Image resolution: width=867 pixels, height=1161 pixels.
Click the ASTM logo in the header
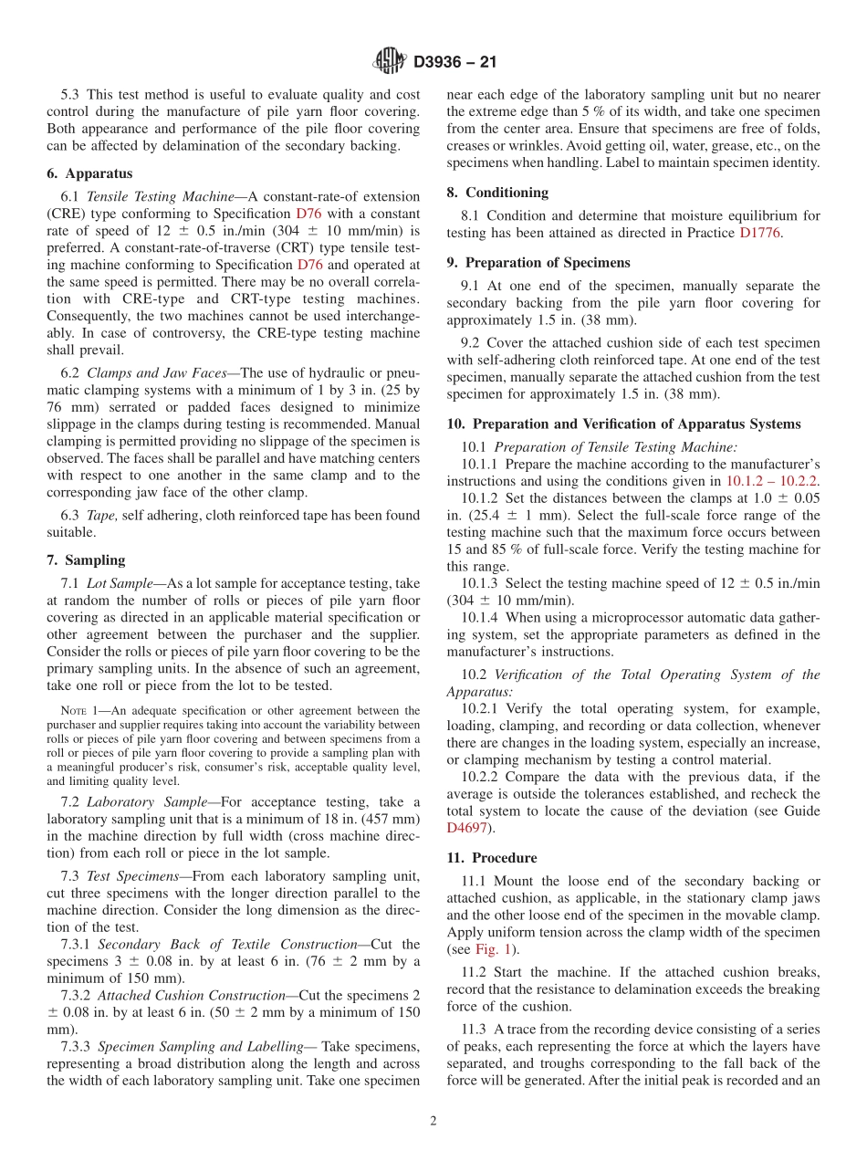pyautogui.click(x=391, y=62)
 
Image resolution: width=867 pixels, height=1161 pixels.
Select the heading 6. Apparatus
pyautogui.click(x=89, y=173)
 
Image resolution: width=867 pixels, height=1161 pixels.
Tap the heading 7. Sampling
pyautogui.click(x=86, y=560)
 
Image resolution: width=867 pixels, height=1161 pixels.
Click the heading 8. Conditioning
pyautogui.click(x=497, y=193)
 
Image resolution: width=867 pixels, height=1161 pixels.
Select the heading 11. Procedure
pyautogui.click(x=492, y=858)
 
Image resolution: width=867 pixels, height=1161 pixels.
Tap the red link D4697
pyautogui.click(x=466, y=829)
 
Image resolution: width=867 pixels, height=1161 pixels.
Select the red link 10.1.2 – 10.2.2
pyautogui.click(x=771, y=481)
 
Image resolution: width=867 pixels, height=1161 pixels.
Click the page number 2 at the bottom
pyautogui.click(x=433, y=1122)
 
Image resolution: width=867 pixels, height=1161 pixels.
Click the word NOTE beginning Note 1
pyautogui.click(x=72, y=711)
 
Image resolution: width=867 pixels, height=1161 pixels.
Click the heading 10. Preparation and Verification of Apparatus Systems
pyautogui.click(x=623, y=424)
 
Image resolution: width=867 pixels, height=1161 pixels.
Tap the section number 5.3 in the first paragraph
pyautogui.click(x=70, y=95)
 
